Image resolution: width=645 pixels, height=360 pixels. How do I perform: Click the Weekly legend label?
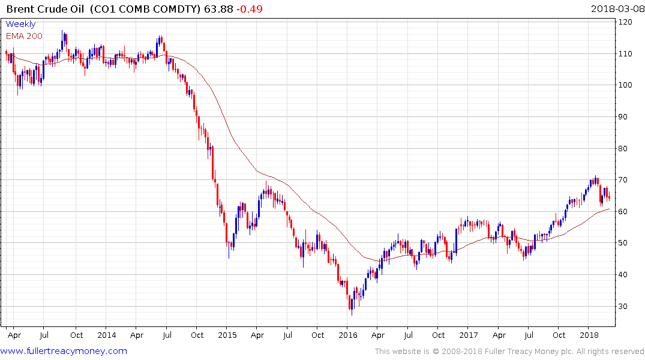20,25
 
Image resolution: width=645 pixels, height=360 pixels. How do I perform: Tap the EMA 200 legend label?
24,36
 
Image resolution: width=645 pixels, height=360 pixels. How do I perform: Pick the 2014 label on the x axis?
106,335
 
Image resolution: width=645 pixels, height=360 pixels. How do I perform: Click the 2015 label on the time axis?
227,335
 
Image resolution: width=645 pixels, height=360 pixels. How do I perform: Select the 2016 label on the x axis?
348,335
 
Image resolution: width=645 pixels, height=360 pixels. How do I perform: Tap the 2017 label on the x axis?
469,335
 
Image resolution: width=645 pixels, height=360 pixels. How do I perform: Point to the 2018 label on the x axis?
589,335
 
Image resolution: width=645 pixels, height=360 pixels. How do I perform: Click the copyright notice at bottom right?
510,352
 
